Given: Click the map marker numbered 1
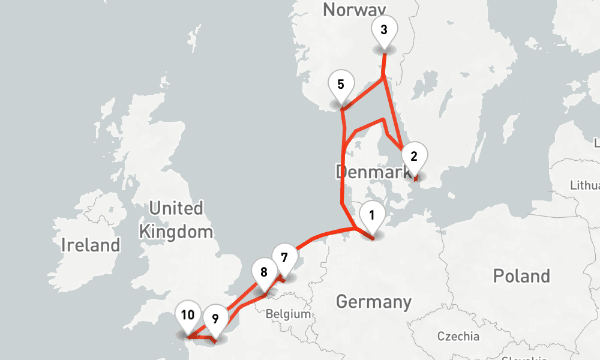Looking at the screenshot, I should (372, 217).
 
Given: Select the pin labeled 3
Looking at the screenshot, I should (384, 31).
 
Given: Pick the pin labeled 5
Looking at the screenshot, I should (341, 85).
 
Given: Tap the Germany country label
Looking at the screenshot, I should (374, 301).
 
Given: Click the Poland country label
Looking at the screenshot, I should (521, 276).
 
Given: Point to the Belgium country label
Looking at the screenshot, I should (289, 314).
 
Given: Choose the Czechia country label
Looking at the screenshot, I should (458, 336).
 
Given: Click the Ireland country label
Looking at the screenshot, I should (91, 245).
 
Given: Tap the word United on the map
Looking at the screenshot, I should (176, 209).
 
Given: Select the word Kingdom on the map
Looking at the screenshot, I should (176, 232).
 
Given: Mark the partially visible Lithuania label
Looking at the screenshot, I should (585, 185).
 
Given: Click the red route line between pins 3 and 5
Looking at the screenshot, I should (363, 94).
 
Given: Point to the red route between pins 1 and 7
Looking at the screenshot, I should (324, 234).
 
